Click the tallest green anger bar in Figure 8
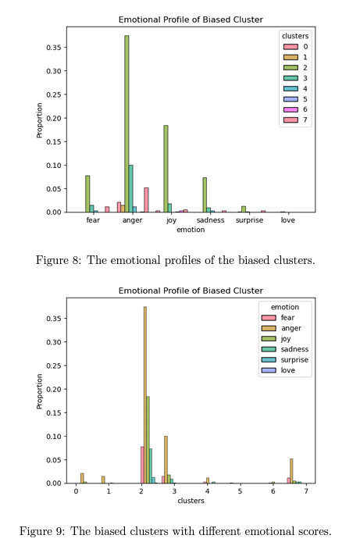127,123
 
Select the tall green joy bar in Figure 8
166,169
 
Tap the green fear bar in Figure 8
87,194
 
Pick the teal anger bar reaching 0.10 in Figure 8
131,189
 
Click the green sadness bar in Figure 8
205,195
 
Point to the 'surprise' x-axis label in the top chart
249,220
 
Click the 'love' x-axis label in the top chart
287,220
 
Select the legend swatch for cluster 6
290,109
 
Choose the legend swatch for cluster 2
290,67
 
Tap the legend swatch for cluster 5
290,99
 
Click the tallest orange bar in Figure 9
145,395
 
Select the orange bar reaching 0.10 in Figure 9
166,460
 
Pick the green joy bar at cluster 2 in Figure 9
148,440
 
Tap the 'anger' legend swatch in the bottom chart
269,328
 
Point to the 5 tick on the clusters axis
240,491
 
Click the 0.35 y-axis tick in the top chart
54,48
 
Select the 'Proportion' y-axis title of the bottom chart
39,391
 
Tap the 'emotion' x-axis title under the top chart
191,230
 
